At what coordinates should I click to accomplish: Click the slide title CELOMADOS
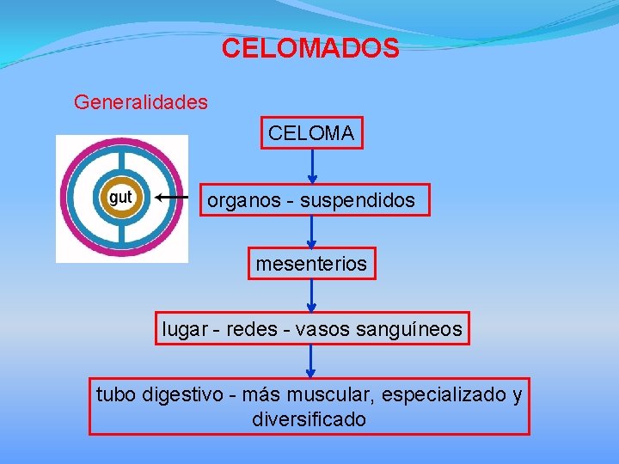309,48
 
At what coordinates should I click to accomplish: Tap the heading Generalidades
141,102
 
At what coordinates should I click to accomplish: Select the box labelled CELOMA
312,133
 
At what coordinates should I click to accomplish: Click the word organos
240,201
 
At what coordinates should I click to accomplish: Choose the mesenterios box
311,264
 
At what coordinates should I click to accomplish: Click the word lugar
183,328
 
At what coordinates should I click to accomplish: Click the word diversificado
309,419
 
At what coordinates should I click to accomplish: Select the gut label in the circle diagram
121,198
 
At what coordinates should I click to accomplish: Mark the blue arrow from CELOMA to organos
312,168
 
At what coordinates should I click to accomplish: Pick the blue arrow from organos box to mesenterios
312,230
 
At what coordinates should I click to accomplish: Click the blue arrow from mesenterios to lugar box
312,296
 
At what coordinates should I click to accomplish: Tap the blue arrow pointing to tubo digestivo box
312,361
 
